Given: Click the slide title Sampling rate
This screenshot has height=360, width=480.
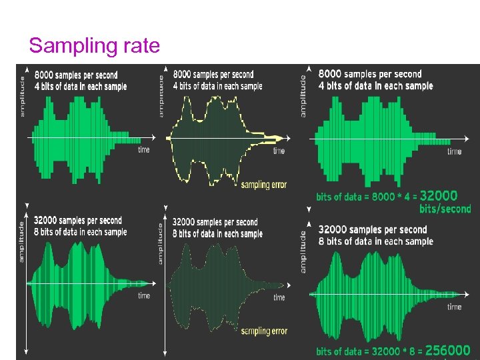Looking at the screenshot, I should tap(94, 45).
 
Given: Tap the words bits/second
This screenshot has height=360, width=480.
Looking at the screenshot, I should tap(445, 209).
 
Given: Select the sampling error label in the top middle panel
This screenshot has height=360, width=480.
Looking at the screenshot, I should tap(264, 185).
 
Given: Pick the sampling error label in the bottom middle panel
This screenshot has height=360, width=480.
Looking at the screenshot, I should tap(265, 331).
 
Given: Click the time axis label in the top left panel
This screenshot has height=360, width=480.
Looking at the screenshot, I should tap(144, 149).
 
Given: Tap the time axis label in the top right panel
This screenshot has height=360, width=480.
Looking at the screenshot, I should tap(455, 152).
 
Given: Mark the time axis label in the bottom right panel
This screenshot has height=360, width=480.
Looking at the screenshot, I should tap(455, 307).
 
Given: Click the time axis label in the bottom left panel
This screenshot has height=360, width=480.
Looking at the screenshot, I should tap(144, 295).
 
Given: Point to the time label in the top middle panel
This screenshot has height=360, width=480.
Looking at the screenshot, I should tap(279, 151).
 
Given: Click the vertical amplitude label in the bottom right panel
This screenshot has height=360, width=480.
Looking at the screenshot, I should tap(303, 251).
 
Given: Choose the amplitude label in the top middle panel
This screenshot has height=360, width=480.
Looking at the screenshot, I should tap(162, 97).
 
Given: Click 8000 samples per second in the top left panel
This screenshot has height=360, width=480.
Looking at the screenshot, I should tap(75, 75).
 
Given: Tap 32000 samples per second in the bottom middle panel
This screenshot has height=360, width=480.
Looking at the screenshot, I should tap(215, 222).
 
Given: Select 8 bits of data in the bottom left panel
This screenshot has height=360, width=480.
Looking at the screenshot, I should tap(81, 232).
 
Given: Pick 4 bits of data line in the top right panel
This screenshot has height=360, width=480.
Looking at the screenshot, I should tap(375, 85).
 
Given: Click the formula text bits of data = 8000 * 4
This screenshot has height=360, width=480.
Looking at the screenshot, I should tap(366, 197).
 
